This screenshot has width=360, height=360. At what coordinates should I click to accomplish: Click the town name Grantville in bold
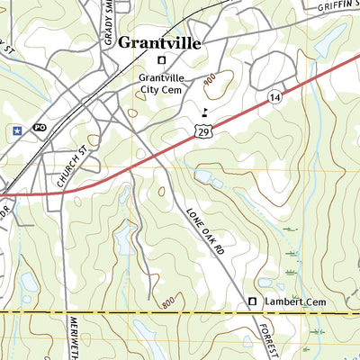[x=159, y=42]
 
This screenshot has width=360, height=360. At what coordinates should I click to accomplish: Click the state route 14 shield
[x=272, y=96]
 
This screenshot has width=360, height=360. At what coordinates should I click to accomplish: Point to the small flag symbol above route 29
[x=205, y=112]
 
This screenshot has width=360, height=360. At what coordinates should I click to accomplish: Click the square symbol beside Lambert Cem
[x=253, y=301]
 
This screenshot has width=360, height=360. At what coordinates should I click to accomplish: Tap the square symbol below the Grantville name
[x=162, y=61]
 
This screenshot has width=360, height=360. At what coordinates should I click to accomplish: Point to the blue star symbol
[x=17, y=130]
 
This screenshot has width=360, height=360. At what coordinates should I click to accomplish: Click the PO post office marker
[x=39, y=128]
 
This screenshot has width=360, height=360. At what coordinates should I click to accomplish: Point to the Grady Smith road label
[x=108, y=22]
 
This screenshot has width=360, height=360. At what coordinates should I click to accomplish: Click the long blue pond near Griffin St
[x=328, y=40]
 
